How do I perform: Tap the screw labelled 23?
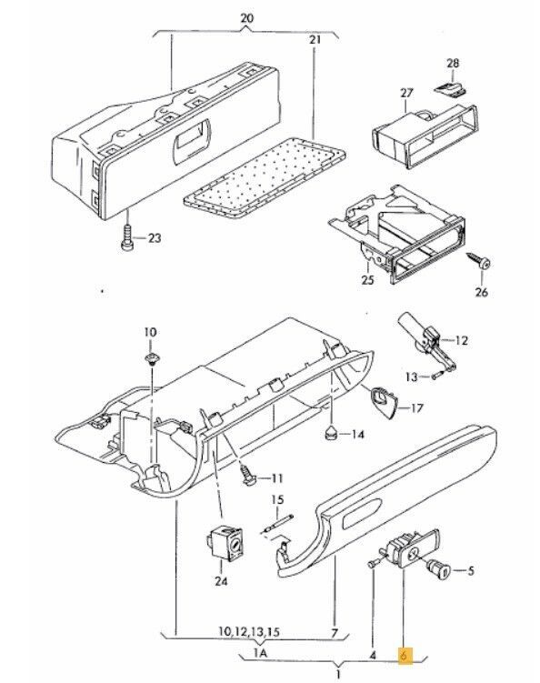coord(126,237)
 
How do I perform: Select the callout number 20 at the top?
coord(246,18)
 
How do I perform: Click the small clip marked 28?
coord(451,88)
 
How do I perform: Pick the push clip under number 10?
coord(151,359)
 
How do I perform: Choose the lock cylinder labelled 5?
coord(439,569)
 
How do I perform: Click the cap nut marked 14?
coord(332,433)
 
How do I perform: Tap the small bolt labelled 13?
coord(437,374)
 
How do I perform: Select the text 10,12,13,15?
coord(249,631)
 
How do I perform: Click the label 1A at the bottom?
coord(260,653)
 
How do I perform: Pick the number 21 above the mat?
coord(315,39)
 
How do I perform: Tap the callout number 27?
coord(405,93)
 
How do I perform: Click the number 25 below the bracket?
coord(367,279)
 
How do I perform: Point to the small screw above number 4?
coord(373,564)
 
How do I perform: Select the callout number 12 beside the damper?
coord(461,340)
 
